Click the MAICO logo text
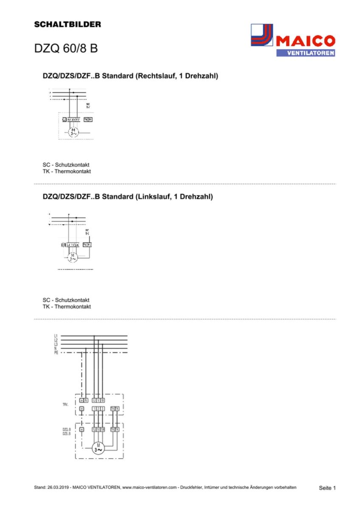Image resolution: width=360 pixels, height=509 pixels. (x=305, y=41)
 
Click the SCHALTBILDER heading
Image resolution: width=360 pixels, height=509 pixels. (x=67, y=25)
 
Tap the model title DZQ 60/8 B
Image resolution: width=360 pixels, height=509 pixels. (x=66, y=48)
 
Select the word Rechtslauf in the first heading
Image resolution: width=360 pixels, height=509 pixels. (x=155, y=76)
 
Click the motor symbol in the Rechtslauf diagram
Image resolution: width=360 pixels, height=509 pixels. (x=74, y=131)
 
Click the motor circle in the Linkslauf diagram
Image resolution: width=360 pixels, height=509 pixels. (x=73, y=257)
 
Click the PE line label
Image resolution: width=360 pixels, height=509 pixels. (x=56, y=352)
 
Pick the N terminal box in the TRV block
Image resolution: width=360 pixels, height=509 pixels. (x=86, y=400)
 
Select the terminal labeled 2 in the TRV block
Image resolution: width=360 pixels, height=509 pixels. (x=98, y=408)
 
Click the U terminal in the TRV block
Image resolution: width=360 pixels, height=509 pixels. (x=94, y=400)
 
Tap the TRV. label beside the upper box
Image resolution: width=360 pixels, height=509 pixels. (x=65, y=405)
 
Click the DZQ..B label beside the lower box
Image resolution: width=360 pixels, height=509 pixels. (x=66, y=430)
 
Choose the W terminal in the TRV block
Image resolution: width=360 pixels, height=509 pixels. (x=103, y=400)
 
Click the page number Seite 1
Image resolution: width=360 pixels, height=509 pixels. (x=327, y=488)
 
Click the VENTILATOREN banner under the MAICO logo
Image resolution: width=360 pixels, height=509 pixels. (x=305, y=53)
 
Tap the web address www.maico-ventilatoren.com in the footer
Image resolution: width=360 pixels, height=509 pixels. (x=149, y=488)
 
